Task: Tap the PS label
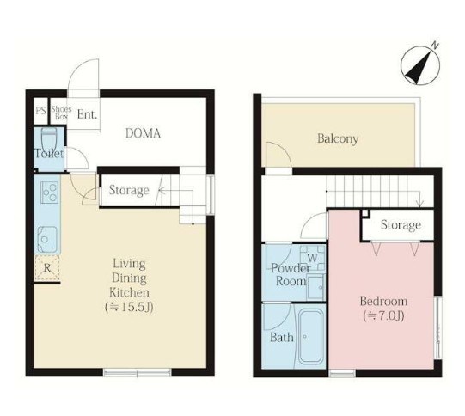coord(41,111)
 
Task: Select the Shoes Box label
coord(61,113)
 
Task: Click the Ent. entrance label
coord(87,114)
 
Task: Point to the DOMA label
coord(143,133)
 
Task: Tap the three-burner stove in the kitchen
coord(50,193)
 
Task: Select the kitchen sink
coord(47,239)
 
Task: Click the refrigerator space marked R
coord(47,268)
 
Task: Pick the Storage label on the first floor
coord(129,190)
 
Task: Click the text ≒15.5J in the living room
coord(129,308)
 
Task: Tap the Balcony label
coord(338,138)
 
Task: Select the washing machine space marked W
coord(312,258)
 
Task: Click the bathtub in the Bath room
coord(310,336)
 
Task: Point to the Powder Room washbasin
coord(315,287)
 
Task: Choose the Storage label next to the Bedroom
coord(401,225)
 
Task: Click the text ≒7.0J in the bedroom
coord(383,316)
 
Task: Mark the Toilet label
coord(49,153)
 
